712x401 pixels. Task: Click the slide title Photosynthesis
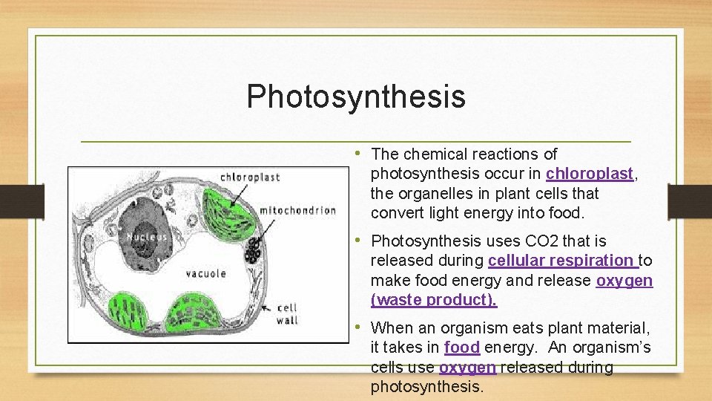tap(356, 97)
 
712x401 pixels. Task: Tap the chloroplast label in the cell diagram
tap(250, 177)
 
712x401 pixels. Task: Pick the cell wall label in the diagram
tap(287, 313)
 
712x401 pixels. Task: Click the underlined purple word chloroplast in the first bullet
tap(590, 174)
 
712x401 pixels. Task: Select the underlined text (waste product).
tap(434, 300)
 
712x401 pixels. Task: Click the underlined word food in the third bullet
tap(462, 348)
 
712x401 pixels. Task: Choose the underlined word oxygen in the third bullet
tap(467, 368)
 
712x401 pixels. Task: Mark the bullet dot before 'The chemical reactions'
tap(358, 153)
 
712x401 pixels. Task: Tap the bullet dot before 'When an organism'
tap(358, 327)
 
